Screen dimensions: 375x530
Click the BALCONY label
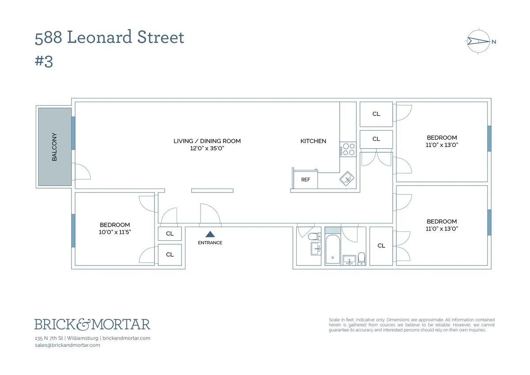(55, 147)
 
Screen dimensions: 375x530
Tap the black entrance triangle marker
(210, 235)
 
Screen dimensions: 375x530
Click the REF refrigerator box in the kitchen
(306, 179)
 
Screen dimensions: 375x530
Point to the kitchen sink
(347, 178)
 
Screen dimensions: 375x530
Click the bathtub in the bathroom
(333, 250)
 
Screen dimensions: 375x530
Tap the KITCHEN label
(313, 141)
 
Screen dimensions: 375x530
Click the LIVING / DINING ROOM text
(207, 141)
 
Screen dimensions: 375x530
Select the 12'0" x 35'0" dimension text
(207, 148)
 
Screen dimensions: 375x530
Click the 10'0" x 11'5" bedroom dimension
(115, 232)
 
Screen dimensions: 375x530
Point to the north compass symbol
(479, 42)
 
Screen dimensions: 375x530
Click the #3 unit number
(44, 61)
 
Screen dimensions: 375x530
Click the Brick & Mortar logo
(92, 324)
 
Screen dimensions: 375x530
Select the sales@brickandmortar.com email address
(67, 345)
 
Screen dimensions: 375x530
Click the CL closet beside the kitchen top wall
(376, 114)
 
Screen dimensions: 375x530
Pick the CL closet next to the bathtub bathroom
(381, 246)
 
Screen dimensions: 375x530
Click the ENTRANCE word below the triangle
(210, 242)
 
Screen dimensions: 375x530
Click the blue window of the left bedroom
(73, 231)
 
